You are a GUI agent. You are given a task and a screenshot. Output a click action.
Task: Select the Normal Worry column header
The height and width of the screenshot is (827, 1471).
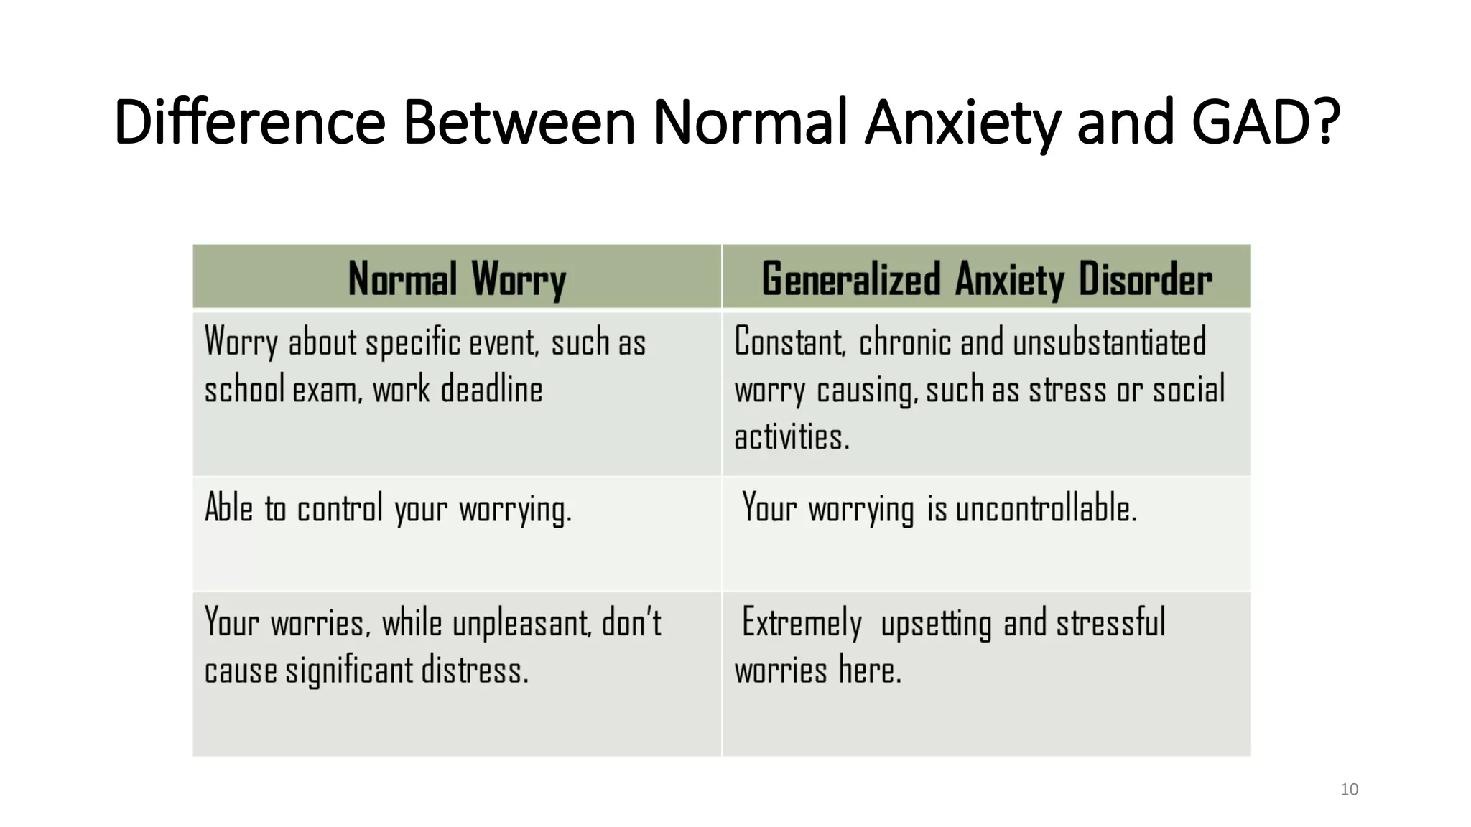[457, 279]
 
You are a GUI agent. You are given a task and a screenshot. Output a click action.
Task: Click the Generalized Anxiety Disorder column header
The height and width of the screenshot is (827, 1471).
[986, 279]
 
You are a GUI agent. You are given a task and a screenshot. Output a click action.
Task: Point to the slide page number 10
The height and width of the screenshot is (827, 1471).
[1349, 790]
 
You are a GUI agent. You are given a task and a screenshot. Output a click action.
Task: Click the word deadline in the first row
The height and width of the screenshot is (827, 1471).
[491, 390]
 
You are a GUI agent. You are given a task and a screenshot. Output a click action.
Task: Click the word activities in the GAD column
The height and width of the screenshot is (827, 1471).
[791, 437]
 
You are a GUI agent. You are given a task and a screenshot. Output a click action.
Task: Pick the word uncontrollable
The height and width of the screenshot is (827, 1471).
[1045, 509]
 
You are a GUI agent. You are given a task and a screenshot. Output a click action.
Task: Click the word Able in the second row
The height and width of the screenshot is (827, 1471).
[228, 509]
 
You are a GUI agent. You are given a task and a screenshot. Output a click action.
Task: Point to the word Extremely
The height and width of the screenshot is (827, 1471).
[801, 622]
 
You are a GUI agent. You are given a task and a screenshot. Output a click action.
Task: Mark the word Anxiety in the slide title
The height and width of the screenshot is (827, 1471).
[962, 122]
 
